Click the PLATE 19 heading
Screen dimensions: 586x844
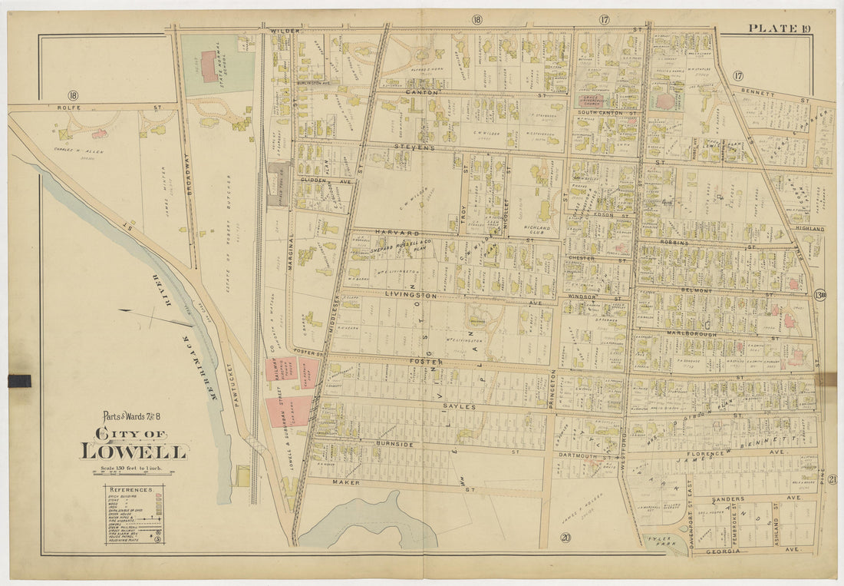click(x=780, y=29)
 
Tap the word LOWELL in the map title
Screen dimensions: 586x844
click(x=134, y=451)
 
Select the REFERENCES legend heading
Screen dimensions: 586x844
click(x=134, y=489)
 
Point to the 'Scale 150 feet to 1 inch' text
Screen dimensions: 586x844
click(x=134, y=468)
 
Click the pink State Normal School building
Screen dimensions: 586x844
click(x=209, y=66)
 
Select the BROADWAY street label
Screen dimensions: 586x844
click(x=185, y=173)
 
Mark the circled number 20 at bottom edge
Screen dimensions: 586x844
click(x=565, y=538)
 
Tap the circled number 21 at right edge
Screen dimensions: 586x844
click(x=832, y=480)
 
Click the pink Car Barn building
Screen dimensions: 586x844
click(x=288, y=411)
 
